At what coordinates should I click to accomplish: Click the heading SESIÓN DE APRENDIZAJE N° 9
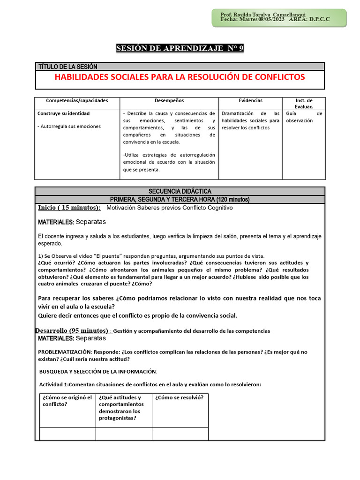[180, 48]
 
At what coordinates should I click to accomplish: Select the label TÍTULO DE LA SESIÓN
[67, 67]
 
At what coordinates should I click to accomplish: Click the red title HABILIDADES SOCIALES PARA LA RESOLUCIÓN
[180, 77]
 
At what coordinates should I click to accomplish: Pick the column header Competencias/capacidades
[77, 101]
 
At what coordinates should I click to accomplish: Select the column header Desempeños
[169, 101]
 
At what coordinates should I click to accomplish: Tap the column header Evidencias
[250, 101]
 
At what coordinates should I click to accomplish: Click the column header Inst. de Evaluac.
[304, 104]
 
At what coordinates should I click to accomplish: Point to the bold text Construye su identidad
[63, 113]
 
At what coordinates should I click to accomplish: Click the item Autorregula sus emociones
[69, 127]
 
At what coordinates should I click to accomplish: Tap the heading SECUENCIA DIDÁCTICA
[180, 191]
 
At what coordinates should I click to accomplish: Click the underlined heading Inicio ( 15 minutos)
[69, 208]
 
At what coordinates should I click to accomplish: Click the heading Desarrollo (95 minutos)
[72, 330]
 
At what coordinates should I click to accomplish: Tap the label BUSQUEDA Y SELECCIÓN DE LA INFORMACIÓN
[98, 372]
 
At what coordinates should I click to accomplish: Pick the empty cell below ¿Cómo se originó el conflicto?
[67, 434]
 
